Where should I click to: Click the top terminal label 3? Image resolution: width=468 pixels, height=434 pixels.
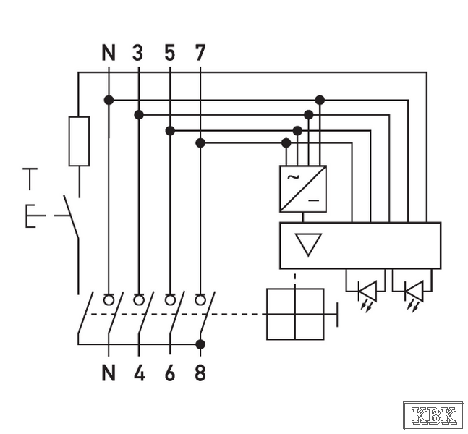138,53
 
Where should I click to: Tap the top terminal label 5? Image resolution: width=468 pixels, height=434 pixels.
170,53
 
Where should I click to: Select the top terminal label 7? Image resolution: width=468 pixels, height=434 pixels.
200,53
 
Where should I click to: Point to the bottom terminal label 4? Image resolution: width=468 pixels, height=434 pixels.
139,373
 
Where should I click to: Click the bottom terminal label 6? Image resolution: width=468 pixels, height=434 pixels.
170,373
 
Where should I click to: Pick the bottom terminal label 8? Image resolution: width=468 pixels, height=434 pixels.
200,373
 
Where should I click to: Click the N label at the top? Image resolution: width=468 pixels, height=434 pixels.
109,53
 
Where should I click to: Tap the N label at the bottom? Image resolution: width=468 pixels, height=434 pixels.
109,373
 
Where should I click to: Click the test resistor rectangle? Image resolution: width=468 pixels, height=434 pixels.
79,141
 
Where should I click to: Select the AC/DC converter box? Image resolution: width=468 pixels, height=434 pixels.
302,189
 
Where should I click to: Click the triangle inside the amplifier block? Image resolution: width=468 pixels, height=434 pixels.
309,244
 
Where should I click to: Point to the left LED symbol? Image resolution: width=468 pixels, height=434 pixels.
368,291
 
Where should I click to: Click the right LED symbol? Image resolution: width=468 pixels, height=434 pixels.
414,291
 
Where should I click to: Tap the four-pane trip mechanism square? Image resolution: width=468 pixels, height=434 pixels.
295,314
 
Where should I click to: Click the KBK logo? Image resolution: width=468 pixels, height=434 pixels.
434,416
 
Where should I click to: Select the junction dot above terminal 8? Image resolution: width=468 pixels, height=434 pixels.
200,344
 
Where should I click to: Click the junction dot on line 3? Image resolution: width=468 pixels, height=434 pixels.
139,114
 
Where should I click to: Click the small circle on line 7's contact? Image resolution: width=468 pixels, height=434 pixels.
200,299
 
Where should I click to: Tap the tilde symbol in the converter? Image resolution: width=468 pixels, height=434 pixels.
293,177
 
